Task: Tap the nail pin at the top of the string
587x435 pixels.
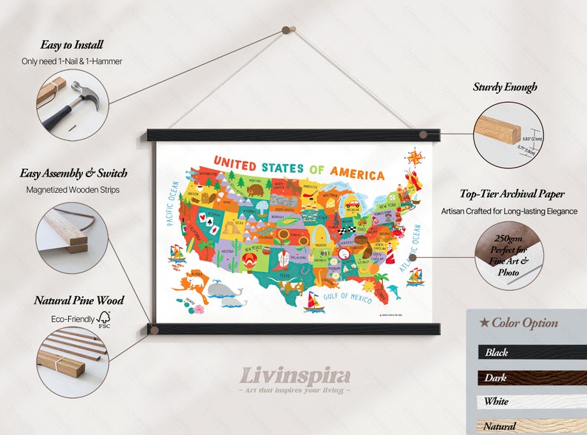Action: coord(289,30)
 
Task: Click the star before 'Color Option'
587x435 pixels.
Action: coord(483,323)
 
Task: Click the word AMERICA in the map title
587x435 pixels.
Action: coord(358,174)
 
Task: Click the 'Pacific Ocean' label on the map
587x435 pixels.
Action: coord(172,202)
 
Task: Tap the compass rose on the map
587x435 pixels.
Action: coord(415,157)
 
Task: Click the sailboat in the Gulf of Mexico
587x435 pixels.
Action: coord(313,301)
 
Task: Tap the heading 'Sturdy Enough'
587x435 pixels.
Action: coord(505,87)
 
